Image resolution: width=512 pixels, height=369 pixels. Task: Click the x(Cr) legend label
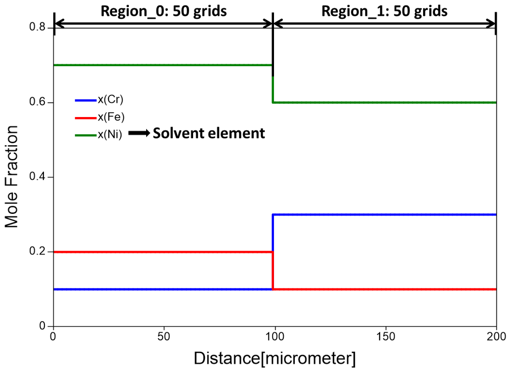pos(110,100)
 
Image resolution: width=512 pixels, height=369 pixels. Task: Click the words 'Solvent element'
pos(208,133)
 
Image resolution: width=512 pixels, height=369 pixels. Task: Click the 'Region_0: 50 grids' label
pos(163,11)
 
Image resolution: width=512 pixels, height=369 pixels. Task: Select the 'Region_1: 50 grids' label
pos(385,11)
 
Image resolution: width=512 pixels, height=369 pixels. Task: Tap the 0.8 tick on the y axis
pos(38,28)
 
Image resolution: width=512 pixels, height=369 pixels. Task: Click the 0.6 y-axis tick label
pos(38,102)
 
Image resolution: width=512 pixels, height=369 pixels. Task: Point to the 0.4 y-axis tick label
pos(38,177)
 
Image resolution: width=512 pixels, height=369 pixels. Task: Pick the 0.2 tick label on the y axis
pos(38,251)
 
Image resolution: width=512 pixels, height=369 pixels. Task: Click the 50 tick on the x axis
pos(163,336)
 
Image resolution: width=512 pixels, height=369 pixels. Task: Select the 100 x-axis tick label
pos(274,336)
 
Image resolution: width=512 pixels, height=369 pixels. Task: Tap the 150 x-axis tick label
pos(385,336)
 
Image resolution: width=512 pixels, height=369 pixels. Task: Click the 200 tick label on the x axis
pos(495,336)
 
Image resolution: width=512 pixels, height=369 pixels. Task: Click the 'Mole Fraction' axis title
pos(12,177)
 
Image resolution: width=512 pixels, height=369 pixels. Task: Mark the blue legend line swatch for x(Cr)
pos(85,100)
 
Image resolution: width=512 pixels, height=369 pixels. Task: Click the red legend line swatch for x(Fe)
pos(85,117)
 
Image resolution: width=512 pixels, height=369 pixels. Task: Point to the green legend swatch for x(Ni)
pos(85,134)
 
